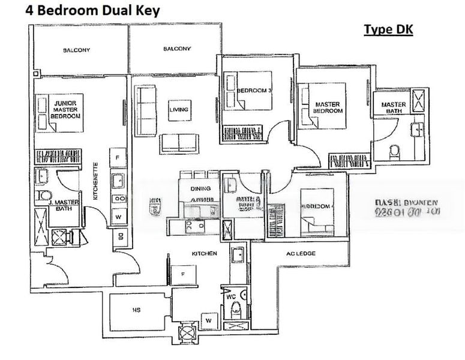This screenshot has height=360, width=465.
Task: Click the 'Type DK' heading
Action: point(388,30)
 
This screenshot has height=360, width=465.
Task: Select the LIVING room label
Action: point(178,110)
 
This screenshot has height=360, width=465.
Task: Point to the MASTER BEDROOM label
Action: point(328,107)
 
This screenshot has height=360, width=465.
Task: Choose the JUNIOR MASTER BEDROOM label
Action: point(65,109)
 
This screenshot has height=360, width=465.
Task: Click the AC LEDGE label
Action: point(301,254)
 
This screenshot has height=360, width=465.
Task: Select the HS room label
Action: point(136,310)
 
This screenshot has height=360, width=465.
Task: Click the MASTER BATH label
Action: point(394,108)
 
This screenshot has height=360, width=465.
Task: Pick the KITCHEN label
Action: point(204,254)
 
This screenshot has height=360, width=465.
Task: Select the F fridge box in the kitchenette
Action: point(118,158)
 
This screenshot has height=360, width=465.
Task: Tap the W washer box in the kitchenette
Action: point(118,217)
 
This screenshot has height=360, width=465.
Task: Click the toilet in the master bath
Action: point(395,151)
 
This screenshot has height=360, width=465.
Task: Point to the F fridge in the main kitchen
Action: point(182,274)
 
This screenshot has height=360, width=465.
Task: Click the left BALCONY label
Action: point(76,50)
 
